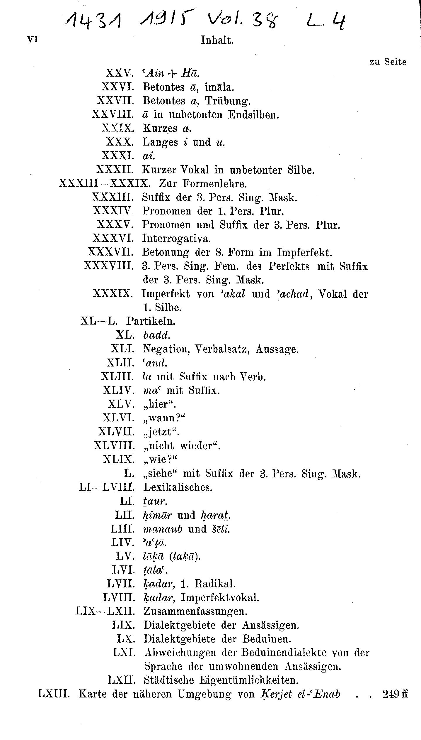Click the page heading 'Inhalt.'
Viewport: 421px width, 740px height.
pos(217,40)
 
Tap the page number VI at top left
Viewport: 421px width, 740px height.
pos(33,40)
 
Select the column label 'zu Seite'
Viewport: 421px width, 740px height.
pos(388,62)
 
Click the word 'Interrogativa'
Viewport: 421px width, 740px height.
pos(176,238)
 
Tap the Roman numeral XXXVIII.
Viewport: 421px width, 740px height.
pos(108,266)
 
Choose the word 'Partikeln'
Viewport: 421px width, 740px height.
pos(151,321)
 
